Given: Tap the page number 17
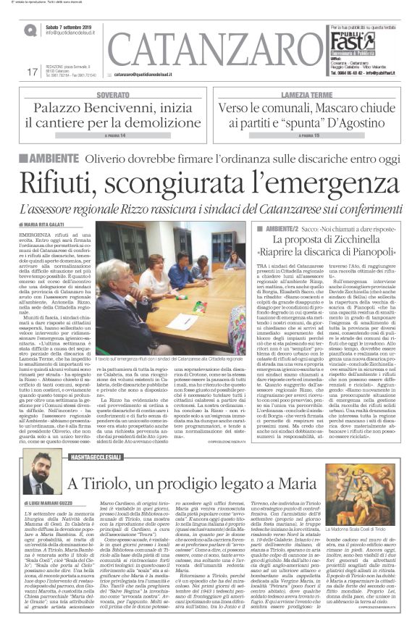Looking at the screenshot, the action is (31, 72).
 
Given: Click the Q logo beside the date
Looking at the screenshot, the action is (30, 30).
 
